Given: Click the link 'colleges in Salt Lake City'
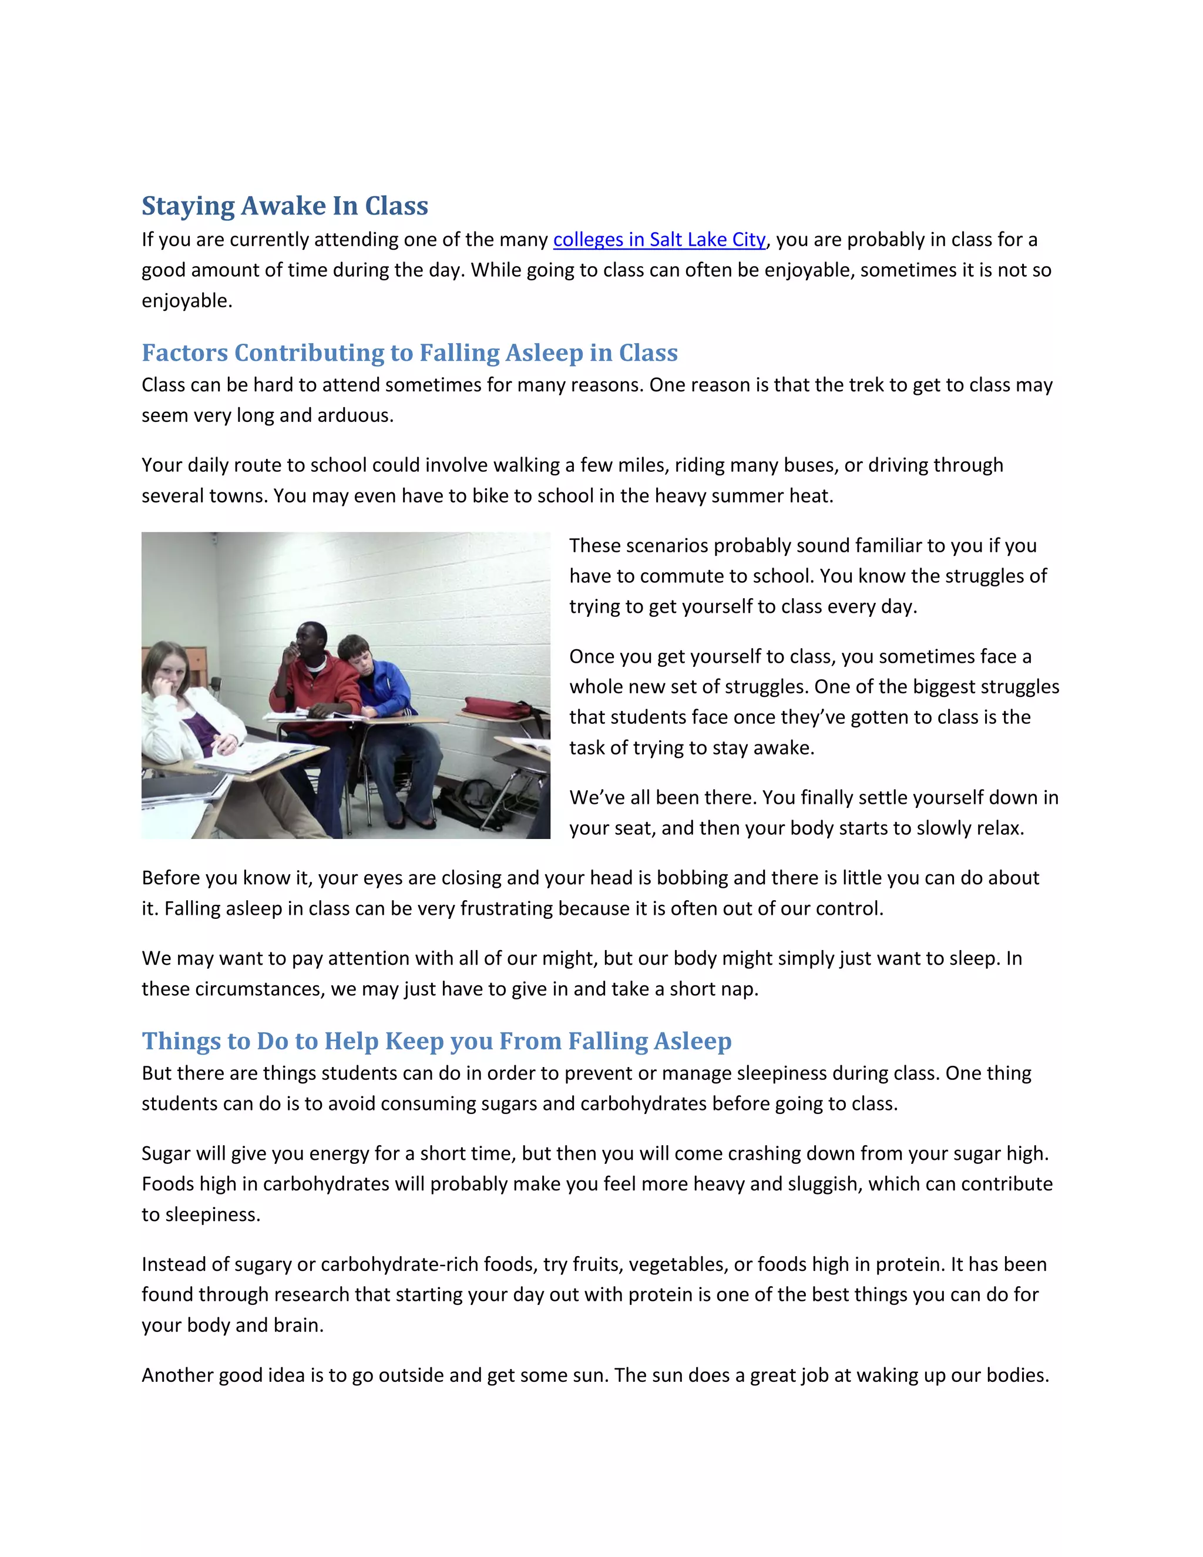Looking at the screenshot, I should pyautogui.click(x=659, y=240).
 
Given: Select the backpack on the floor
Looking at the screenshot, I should pyautogui.click(x=473, y=802).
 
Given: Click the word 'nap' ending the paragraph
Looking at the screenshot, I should pyautogui.click(x=741, y=989).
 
